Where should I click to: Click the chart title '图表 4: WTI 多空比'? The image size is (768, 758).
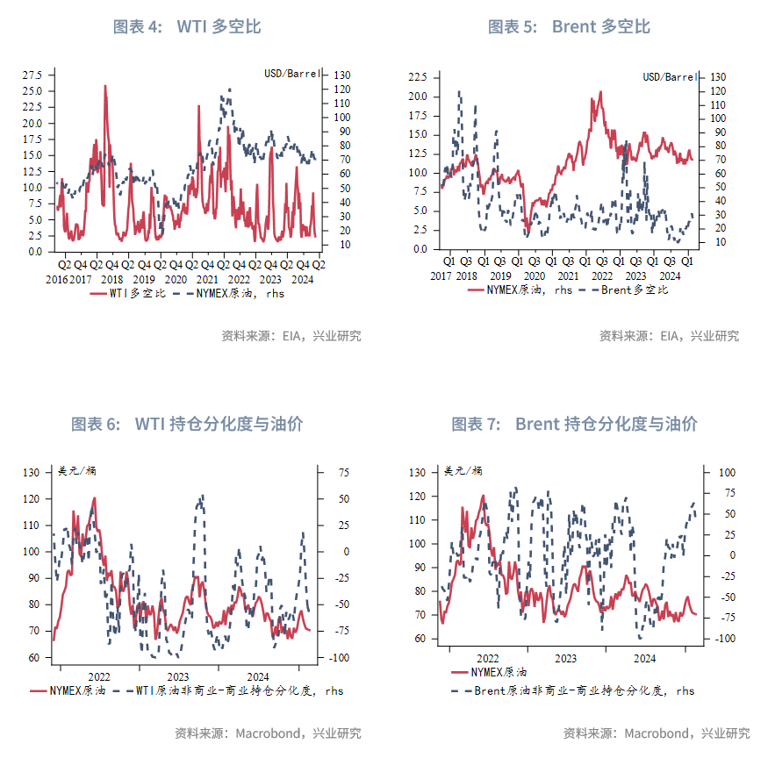[187, 26]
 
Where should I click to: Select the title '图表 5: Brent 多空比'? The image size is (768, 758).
[569, 26]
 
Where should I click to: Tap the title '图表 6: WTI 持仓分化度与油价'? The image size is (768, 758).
[187, 424]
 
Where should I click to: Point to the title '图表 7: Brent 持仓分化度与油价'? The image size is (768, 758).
[574, 424]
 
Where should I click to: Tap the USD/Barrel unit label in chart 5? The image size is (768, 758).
[671, 77]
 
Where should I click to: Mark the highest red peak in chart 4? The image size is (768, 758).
[105, 86]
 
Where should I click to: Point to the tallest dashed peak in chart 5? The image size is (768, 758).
[459, 91]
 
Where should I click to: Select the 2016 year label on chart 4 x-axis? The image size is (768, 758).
[56, 279]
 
